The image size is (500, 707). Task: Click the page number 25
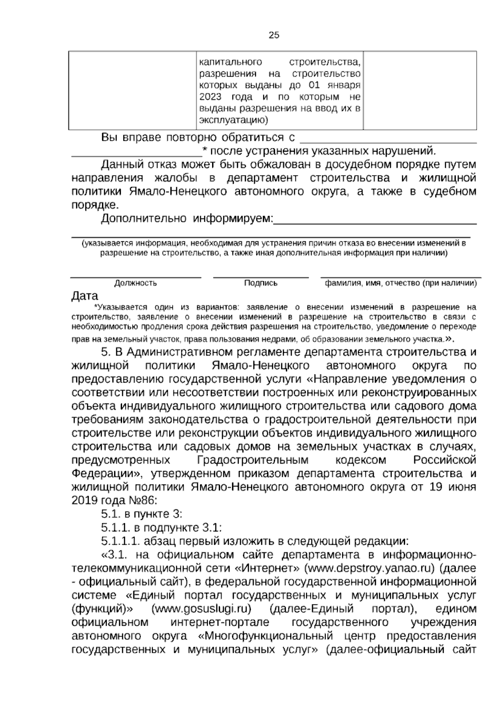[274, 35]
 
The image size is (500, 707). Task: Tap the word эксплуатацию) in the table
[232, 120]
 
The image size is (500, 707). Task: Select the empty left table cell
[132, 90]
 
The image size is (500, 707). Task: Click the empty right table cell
[420, 90]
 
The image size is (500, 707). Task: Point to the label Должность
[135, 283]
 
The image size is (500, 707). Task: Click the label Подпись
[261, 283]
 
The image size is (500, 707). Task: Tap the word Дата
[85, 296]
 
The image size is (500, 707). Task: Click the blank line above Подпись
[261, 276]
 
